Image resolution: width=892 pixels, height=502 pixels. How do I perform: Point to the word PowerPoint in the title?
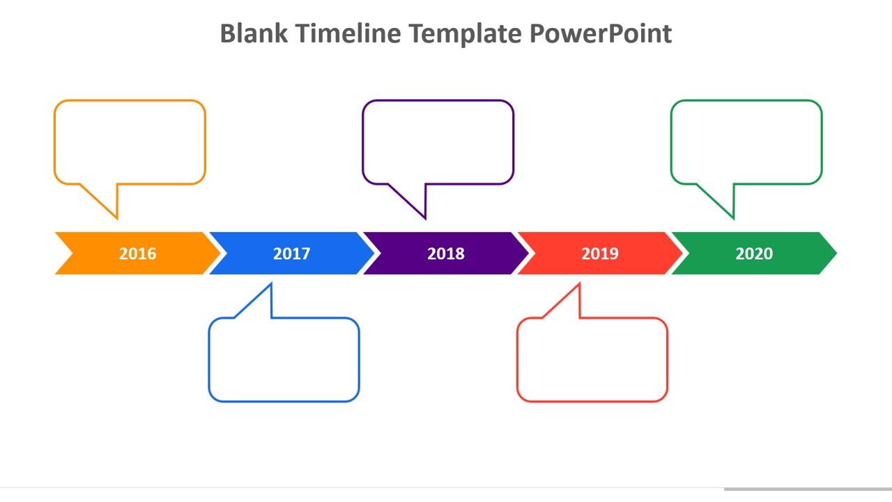coord(601,33)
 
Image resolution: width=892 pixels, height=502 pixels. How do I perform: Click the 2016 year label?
coord(137,253)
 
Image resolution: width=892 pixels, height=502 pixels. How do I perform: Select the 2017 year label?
coord(291,253)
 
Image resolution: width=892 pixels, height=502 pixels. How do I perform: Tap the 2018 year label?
coord(445,253)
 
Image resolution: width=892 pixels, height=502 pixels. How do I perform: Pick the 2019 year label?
coord(599,253)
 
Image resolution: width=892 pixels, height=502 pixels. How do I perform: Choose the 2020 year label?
coord(753,253)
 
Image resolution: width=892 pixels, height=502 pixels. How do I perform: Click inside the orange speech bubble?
coord(130,142)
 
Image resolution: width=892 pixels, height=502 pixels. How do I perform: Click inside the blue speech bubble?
coord(284,360)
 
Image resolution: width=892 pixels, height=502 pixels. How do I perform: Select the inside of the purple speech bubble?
coord(438,142)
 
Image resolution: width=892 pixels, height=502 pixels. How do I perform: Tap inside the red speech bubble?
coord(592,360)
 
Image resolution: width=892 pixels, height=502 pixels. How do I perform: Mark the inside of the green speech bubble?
coord(746,142)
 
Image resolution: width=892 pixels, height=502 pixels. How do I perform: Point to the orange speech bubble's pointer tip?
coord(116,218)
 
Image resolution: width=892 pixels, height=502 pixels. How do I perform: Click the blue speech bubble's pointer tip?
coord(270,284)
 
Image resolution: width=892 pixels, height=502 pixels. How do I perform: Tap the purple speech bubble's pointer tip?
coord(424,218)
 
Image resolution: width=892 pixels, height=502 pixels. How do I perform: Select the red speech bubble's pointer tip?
coord(579,284)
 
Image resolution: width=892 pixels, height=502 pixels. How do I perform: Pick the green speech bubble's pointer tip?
coord(733,218)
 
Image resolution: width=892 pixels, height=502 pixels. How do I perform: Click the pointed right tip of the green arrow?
coord(836,253)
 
